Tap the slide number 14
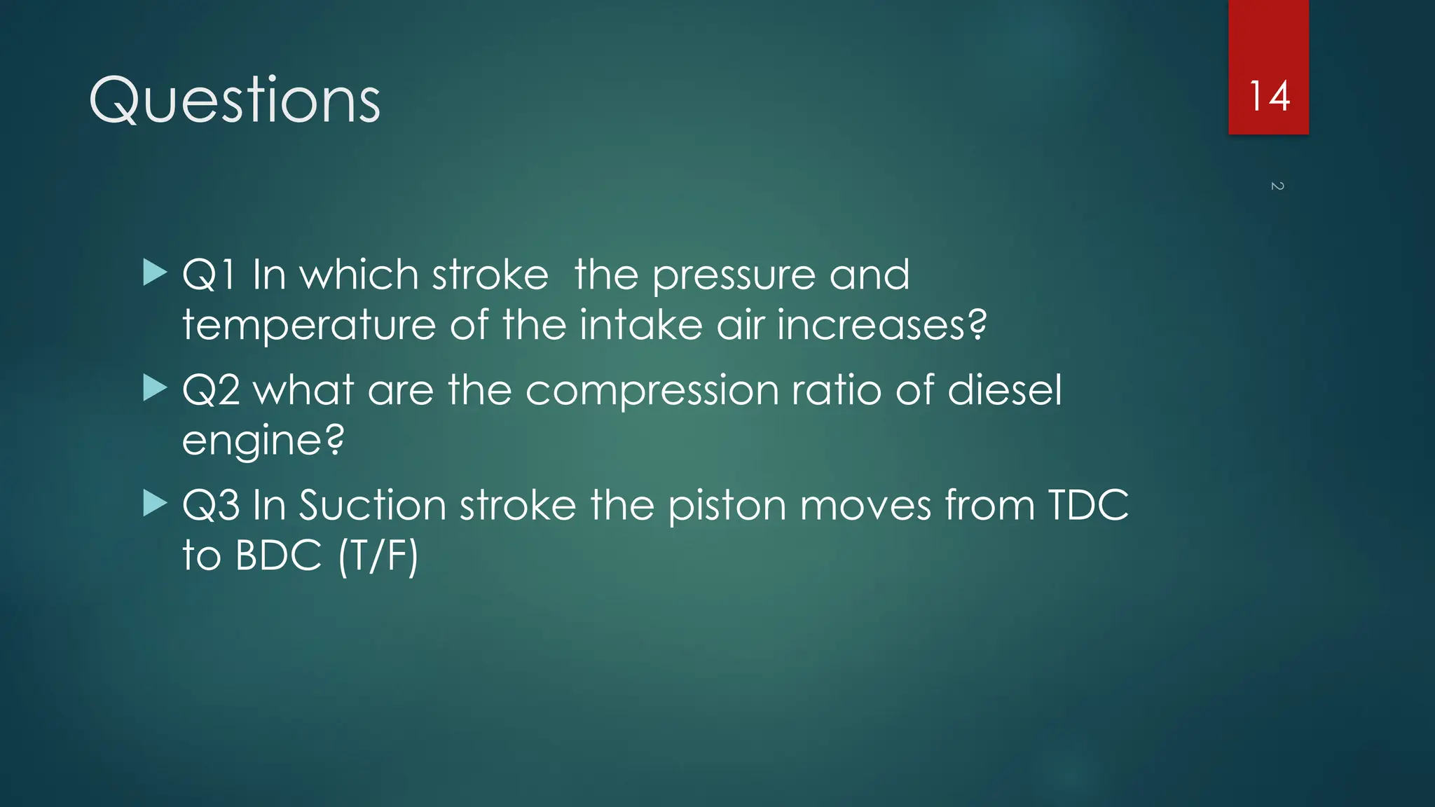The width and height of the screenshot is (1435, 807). coord(1269,97)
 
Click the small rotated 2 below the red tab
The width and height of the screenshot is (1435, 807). coord(1277,186)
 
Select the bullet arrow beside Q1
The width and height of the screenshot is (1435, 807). coord(154,273)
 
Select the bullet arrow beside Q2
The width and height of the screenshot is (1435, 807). coord(154,388)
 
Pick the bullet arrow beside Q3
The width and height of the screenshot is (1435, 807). coord(154,504)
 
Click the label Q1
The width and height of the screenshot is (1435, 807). coord(208,275)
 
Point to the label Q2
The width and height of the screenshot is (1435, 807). coord(211,390)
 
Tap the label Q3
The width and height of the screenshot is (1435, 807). coord(211,506)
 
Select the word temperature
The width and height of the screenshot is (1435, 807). coord(309,326)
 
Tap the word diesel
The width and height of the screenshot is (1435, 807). coord(1004,390)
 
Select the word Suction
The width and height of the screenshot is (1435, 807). coord(372,506)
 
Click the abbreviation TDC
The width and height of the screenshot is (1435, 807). coord(1088,506)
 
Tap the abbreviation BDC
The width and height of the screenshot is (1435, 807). coord(278,556)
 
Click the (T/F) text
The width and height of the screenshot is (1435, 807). coord(378,556)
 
